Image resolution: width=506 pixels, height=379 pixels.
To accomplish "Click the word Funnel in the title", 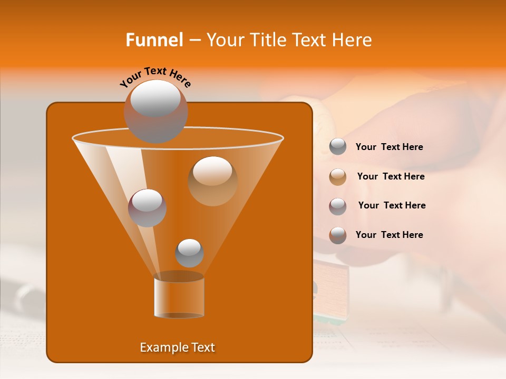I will click(154, 40).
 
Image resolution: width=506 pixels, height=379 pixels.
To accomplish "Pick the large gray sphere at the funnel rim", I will click(155, 111).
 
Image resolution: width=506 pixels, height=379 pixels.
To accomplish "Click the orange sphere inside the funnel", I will click(212, 181).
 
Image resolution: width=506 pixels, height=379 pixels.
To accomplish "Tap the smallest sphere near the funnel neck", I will click(189, 253).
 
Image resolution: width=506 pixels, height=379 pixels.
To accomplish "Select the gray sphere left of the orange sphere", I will click(147, 207).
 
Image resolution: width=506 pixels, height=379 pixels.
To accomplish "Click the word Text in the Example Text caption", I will click(203, 347).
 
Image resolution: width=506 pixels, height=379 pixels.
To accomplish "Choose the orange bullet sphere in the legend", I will click(338, 177).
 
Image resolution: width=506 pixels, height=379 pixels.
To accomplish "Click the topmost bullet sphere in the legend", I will click(338, 147).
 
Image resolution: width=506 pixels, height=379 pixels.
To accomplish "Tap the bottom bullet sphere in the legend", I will click(338, 235).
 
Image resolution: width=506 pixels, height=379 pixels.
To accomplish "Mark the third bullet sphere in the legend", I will click(338, 206).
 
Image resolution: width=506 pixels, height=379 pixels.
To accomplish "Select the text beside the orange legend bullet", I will click(391, 177).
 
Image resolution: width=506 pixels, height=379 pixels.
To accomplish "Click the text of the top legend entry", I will click(389, 147).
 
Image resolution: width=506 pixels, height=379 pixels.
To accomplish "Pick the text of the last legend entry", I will click(389, 235).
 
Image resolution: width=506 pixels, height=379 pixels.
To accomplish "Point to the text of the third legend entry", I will click(392, 206).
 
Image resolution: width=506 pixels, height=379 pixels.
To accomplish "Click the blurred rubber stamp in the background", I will click(331, 290).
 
